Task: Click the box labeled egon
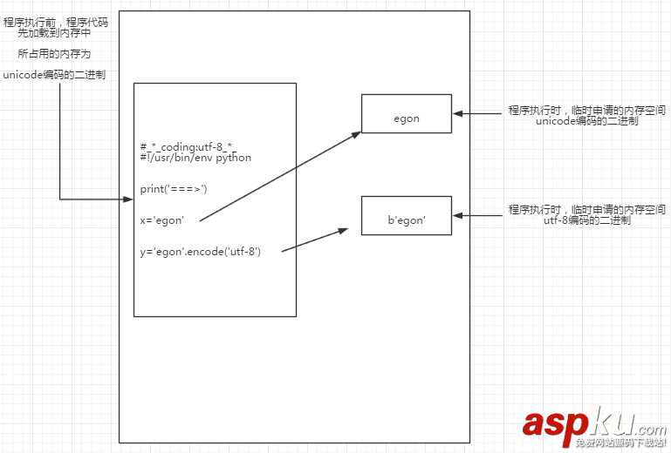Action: pyautogui.click(x=407, y=113)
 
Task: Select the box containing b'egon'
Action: pyautogui.click(x=407, y=215)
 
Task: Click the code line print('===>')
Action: pyautogui.click(x=174, y=188)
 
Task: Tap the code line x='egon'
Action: pyautogui.click(x=161, y=220)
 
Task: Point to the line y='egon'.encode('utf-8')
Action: pyautogui.click(x=200, y=251)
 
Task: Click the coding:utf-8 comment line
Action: pyautogui.click(x=188, y=148)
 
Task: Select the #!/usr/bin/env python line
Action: pyautogui.click(x=195, y=158)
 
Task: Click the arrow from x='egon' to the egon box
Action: pyautogui.click(x=279, y=177)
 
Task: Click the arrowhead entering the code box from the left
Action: pyautogui.click(x=128, y=199)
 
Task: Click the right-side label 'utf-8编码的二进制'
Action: pyautogui.click(x=586, y=221)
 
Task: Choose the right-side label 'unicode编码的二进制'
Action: pyautogui.click(x=586, y=121)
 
